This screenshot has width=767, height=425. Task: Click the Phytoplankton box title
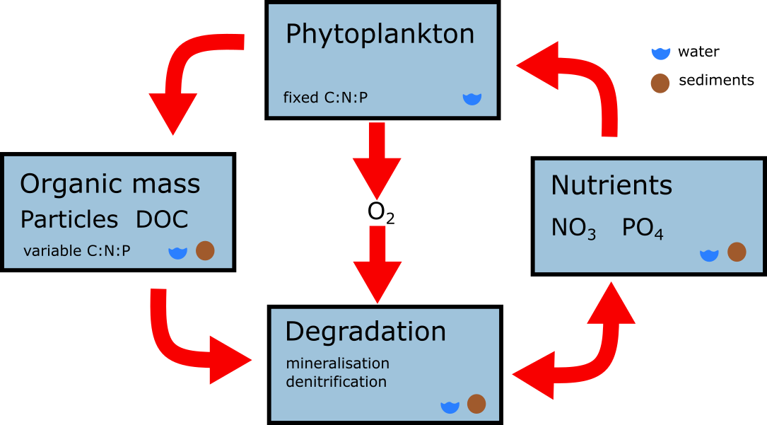pyautogui.click(x=380, y=35)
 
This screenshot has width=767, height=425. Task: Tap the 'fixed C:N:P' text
pyautogui.click(x=325, y=98)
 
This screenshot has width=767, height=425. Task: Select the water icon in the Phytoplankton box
pyautogui.click(x=472, y=98)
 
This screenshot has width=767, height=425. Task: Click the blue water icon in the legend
pyautogui.click(x=660, y=52)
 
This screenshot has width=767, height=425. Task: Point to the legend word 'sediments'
pyautogui.click(x=716, y=81)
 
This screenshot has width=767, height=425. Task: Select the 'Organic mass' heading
pyautogui.click(x=110, y=185)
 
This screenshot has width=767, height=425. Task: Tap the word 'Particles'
pyautogui.click(x=69, y=220)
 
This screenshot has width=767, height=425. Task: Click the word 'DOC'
pyautogui.click(x=163, y=220)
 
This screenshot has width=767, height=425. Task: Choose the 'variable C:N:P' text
pyautogui.click(x=77, y=250)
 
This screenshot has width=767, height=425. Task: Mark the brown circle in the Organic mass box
pyautogui.click(x=205, y=250)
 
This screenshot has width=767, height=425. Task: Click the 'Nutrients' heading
pyautogui.click(x=611, y=185)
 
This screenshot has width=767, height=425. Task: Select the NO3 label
pyautogui.click(x=573, y=229)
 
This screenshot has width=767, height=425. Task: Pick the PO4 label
pyautogui.click(x=643, y=229)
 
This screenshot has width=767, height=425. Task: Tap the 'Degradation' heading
pyautogui.click(x=365, y=332)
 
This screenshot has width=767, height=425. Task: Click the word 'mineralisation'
pyautogui.click(x=338, y=363)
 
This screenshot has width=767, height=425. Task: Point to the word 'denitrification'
pyautogui.click(x=336, y=382)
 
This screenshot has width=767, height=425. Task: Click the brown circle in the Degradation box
pyautogui.click(x=476, y=404)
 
